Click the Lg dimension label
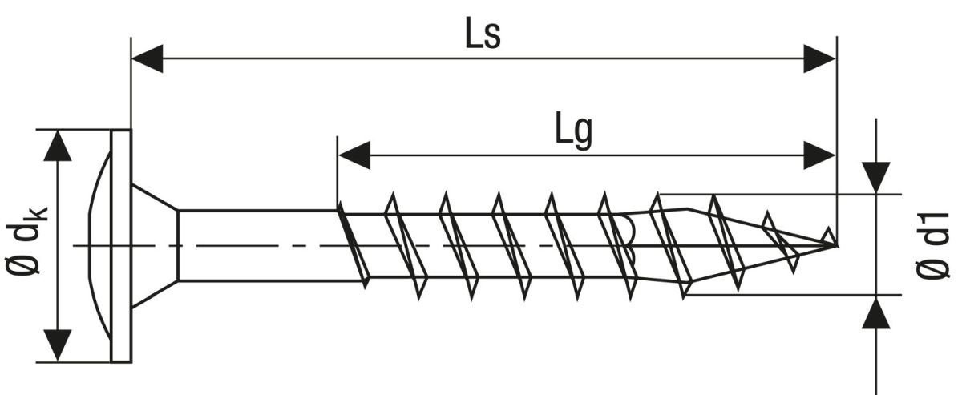[x=574, y=131]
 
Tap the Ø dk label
[x=26, y=240]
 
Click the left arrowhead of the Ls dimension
[x=147, y=58]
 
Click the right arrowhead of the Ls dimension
[x=820, y=58]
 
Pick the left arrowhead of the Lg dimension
[x=354, y=155]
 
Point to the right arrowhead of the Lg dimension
[x=820, y=155]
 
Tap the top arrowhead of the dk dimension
[x=58, y=146]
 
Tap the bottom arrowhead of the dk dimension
[x=58, y=345]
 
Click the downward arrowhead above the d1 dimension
[x=876, y=178]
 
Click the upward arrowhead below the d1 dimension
[x=876, y=313]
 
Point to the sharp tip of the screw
[x=837, y=246]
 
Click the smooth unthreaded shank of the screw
[x=257, y=245]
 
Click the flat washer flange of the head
[x=121, y=246]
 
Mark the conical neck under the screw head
[x=155, y=246]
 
